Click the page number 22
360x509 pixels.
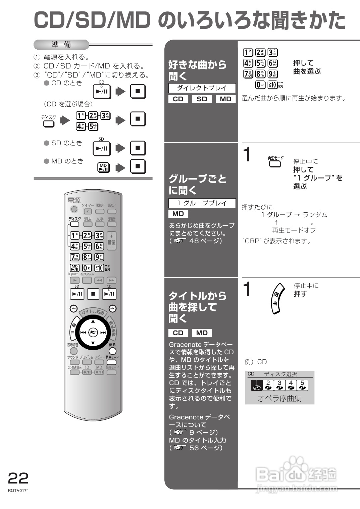18,478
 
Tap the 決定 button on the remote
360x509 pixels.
93,333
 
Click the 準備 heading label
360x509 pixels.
61,45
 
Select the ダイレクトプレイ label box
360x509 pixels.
202,88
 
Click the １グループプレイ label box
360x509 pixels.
202,203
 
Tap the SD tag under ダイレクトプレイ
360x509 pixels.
202,99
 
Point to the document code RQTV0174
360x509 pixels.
18,491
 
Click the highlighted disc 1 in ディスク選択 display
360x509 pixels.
257,385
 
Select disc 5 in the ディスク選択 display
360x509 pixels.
302,385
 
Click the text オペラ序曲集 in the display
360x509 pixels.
279,399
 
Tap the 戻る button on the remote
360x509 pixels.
112,351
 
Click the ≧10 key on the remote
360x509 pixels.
99,268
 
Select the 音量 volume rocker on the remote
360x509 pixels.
112,241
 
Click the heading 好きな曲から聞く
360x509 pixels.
197,70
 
